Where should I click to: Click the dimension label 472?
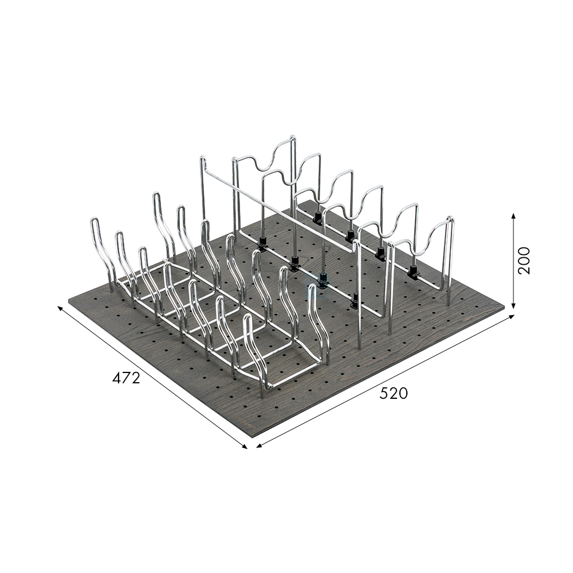tap(126, 378)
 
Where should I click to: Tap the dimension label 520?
tap(393, 393)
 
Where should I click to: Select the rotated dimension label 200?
tap(524, 261)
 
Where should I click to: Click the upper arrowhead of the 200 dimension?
tap(513, 216)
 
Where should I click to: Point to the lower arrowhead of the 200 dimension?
tap(513, 305)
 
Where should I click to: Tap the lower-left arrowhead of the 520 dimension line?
tap(260, 445)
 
